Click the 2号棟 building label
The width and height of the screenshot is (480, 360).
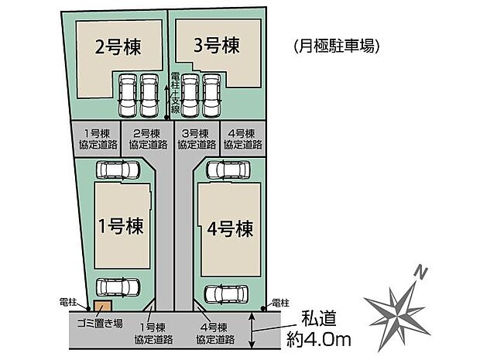pyautogui.click(x=118, y=46)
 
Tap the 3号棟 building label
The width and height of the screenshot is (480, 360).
pyautogui.click(x=217, y=46)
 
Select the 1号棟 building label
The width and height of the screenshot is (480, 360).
pyautogui.click(x=121, y=226)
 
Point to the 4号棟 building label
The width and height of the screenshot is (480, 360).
pyautogui.click(x=230, y=228)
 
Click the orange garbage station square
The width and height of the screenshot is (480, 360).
pyautogui.click(x=102, y=306)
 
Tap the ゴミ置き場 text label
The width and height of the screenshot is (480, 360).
pyautogui.click(x=100, y=324)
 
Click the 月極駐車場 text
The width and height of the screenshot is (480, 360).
pyautogui.click(x=337, y=46)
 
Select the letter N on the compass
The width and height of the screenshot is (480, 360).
pyautogui.click(x=420, y=273)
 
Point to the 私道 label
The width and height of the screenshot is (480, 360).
pyautogui.click(x=319, y=319)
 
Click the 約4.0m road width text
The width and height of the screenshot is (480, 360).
pyautogui.click(x=319, y=339)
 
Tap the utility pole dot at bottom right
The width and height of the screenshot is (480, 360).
pyautogui.click(x=262, y=308)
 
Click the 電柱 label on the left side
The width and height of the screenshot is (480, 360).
pyautogui.click(x=67, y=303)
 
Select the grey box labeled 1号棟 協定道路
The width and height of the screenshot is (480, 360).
pyautogui.click(x=97, y=139)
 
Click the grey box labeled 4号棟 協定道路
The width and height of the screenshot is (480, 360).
pyautogui.click(x=243, y=139)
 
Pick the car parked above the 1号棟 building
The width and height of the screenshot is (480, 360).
pyautogui.click(x=118, y=170)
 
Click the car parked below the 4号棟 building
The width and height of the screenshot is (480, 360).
pyautogui.click(x=226, y=294)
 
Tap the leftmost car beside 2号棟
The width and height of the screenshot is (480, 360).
pyautogui.click(x=128, y=95)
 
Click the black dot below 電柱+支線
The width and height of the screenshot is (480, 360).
pyautogui.click(x=166, y=118)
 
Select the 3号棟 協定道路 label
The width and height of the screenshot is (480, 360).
pyautogui.click(x=197, y=139)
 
